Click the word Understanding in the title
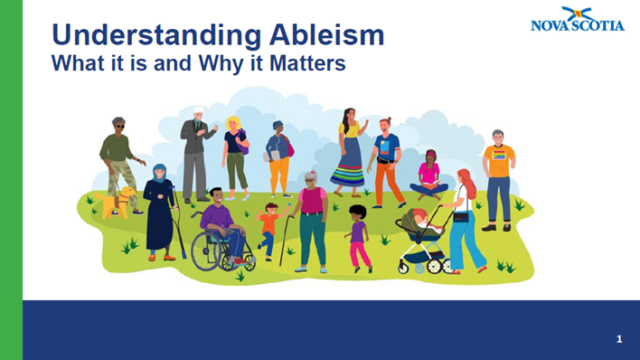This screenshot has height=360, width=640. (136, 35)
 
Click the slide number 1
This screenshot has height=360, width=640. (619, 339)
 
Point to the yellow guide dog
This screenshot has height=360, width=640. (118, 202)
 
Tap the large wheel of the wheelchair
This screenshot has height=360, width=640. (210, 251)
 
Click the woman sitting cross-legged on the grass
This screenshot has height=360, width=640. (428, 176)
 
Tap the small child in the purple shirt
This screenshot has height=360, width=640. (358, 235)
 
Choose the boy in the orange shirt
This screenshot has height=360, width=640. (268, 226)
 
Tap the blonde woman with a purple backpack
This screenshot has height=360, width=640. (236, 154)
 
